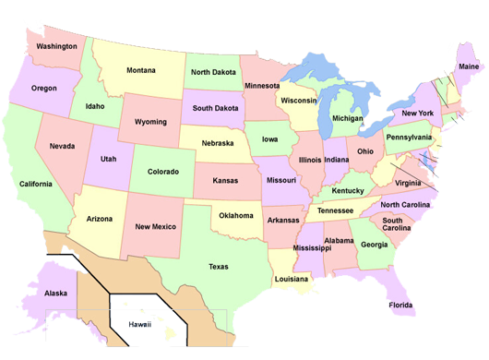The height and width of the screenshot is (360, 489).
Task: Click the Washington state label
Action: pos(57,46)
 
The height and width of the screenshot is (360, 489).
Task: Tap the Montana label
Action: pos(141,70)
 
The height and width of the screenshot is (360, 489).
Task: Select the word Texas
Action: pos(219,267)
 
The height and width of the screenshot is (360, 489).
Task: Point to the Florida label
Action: pos(400,305)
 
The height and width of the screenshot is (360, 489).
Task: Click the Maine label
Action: pos(469,66)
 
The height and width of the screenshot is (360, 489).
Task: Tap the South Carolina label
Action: pos(399,225)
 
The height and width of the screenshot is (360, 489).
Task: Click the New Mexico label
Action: pos(156,226)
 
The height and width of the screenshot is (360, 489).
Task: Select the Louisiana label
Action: pos(291,277)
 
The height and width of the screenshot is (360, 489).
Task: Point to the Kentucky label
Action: pos(348,190)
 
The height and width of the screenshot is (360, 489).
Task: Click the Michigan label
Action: pos(347,118)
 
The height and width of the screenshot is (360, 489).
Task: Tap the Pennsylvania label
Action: pos(408,137)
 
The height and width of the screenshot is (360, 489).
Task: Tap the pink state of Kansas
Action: pos(225,181)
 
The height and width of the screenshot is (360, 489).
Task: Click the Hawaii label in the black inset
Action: pos(139,324)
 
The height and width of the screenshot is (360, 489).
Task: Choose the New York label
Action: pos(417,113)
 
